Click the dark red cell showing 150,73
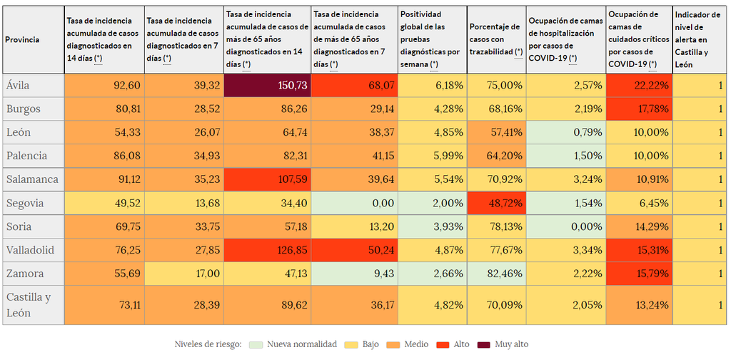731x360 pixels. (x=267, y=85)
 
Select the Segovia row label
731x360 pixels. (x=25, y=203)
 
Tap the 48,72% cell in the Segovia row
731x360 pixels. (x=496, y=203)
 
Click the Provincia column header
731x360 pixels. (x=22, y=40)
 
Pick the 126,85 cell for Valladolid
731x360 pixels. (x=267, y=250)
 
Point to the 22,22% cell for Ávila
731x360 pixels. (x=638, y=85)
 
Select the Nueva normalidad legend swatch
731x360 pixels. (x=255, y=344)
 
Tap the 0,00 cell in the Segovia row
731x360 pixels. (x=354, y=203)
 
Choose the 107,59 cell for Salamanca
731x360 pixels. (x=267, y=179)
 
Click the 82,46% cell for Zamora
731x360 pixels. (x=496, y=274)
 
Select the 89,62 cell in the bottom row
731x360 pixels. (x=267, y=304)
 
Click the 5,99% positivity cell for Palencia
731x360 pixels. (x=432, y=156)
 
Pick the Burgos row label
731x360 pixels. (x=24, y=109)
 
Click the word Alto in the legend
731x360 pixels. (x=460, y=344)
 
